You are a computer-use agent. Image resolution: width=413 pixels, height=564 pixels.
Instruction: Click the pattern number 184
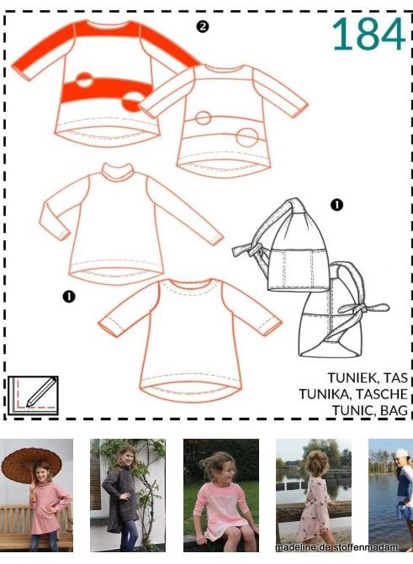(368, 34)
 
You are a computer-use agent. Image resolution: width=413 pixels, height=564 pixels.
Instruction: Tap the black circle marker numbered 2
(203, 26)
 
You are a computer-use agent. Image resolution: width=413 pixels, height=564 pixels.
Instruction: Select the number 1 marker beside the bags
(336, 205)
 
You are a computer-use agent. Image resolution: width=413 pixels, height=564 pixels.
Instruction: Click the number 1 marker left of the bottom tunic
(69, 297)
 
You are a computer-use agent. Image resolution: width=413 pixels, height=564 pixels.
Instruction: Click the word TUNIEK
(348, 377)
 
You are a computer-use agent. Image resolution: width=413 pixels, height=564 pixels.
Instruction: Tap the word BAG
(394, 410)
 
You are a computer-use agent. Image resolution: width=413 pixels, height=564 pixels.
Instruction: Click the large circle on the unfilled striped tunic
(247, 137)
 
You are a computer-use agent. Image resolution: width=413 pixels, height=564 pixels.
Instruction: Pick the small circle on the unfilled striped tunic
(203, 118)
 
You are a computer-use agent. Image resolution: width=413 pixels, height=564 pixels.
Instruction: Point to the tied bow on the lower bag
(363, 308)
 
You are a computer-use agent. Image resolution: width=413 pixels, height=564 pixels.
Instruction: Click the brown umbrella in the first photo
(31, 465)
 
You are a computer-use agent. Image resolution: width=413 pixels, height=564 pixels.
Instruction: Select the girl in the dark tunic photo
(122, 498)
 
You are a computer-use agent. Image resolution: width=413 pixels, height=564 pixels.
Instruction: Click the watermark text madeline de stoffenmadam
(336, 547)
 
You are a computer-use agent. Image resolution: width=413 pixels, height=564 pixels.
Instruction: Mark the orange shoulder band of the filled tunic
(107, 29)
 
